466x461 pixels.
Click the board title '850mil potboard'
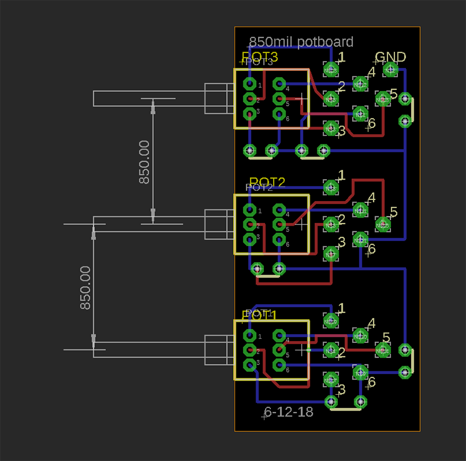pyautogui.click(x=301, y=42)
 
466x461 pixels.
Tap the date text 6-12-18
pyautogui.click(x=289, y=412)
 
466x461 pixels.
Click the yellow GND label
pyautogui.click(x=390, y=57)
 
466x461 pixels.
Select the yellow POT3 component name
pyautogui.click(x=260, y=57)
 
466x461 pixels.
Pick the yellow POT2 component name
pyautogui.click(x=267, y=182)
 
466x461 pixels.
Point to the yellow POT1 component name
pyautogui.click(x=260, y=316)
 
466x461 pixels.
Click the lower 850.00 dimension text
pyautogui.click(x=85, y=287)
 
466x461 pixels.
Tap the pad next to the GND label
pyautogui.click(x=390, y=70)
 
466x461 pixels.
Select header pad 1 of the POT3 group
pyautogui.click(x=331, y=70)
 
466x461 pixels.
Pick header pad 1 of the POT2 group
pyautogui.click(x=331, y=187)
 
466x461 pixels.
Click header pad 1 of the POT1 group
pyautogui.click(x=331, y=320)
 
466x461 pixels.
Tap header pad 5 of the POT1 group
pyautogui.click(x=383, y=350)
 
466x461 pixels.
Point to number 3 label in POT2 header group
pyautogui.click(x=341, y=241)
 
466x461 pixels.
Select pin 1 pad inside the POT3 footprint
pyautogui.click(x=250, y=85)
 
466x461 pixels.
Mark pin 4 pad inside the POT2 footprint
pyautogui.click(x=280, y=210)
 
